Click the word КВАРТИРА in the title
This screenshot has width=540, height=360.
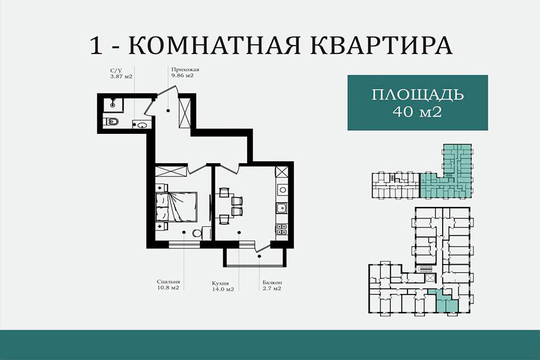pyautogui.click(x=382, y=45)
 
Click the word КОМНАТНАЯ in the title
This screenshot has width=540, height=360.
pyautogui.click(x=214, y=45)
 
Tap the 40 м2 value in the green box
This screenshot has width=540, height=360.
pyautogui.click(x=418, y=112)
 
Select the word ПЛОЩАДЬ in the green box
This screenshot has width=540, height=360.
pyautogui.click(x=418, y=94)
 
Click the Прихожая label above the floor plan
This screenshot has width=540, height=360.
pyautogui.click(x=185, y=70)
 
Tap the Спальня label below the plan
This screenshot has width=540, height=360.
pyautogui.click(x=168, y=282)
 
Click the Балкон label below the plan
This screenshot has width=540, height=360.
pyautogui.click(x=272, y=283)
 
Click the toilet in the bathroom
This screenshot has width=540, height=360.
pyautogui.click(x=112, y=121)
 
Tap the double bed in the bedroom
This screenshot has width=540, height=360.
pyautogui.click(x=176, y=206)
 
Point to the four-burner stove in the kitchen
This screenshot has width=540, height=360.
pyautogui.click(x=282, y=229)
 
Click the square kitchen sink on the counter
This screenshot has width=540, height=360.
pyautogui.click(x=282, y=208)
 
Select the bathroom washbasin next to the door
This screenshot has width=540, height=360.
pyautogui.click(x=142, y=125)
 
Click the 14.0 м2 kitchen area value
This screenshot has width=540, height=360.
pyautogui.click(x=223, y=289)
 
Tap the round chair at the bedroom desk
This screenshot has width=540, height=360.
pyautogui.click(x=197, y=233)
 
